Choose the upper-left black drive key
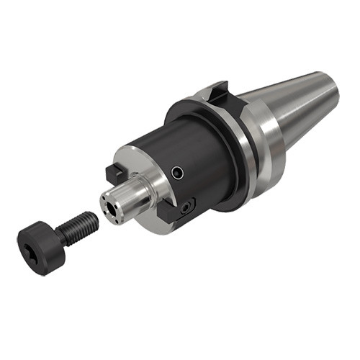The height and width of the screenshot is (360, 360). pos(113,174)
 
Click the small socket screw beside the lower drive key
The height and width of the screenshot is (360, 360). pos(186,207)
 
